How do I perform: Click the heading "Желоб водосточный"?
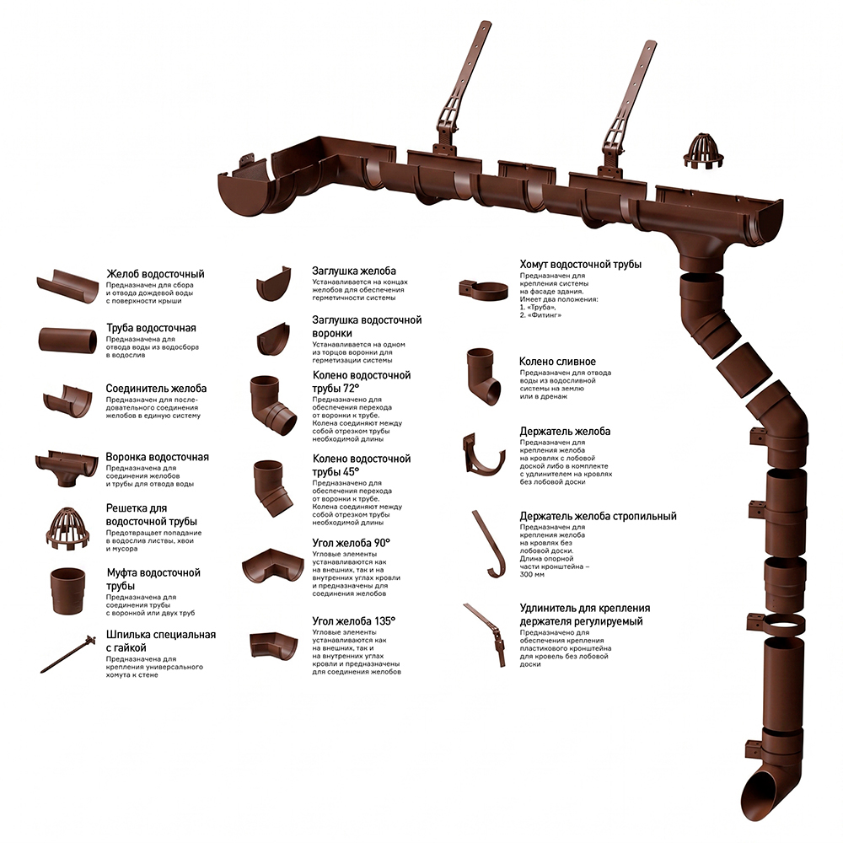click(155, 274)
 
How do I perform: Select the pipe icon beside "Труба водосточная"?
click(67, 341)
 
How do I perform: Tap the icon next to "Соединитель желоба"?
click(67, 401)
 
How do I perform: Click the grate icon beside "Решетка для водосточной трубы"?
click(67, 529)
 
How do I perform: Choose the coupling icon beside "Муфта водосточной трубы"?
click(67, 591)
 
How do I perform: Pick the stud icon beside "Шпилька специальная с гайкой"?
click(67, 654)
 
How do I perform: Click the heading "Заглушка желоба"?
click(354, 271)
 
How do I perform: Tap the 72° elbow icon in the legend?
click(273, 405)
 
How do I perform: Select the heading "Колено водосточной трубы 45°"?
click(362, 465)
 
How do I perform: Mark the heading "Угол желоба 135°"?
click(354, 621)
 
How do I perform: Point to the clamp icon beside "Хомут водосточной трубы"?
click(483, 290)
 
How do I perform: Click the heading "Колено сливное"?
click(557, 362)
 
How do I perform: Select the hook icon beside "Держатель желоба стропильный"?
click(489, 544)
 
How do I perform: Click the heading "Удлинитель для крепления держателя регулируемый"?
click(585, 615)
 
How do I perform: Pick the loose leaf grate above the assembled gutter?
click(703, 152)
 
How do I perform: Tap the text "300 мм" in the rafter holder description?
click(532, 575)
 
